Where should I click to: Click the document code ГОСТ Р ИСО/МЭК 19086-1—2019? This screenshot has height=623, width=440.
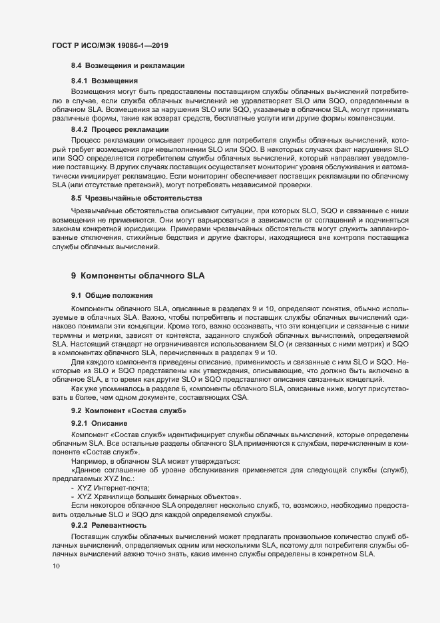[109, 45]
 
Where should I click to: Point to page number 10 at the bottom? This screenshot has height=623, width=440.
[56, 566]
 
